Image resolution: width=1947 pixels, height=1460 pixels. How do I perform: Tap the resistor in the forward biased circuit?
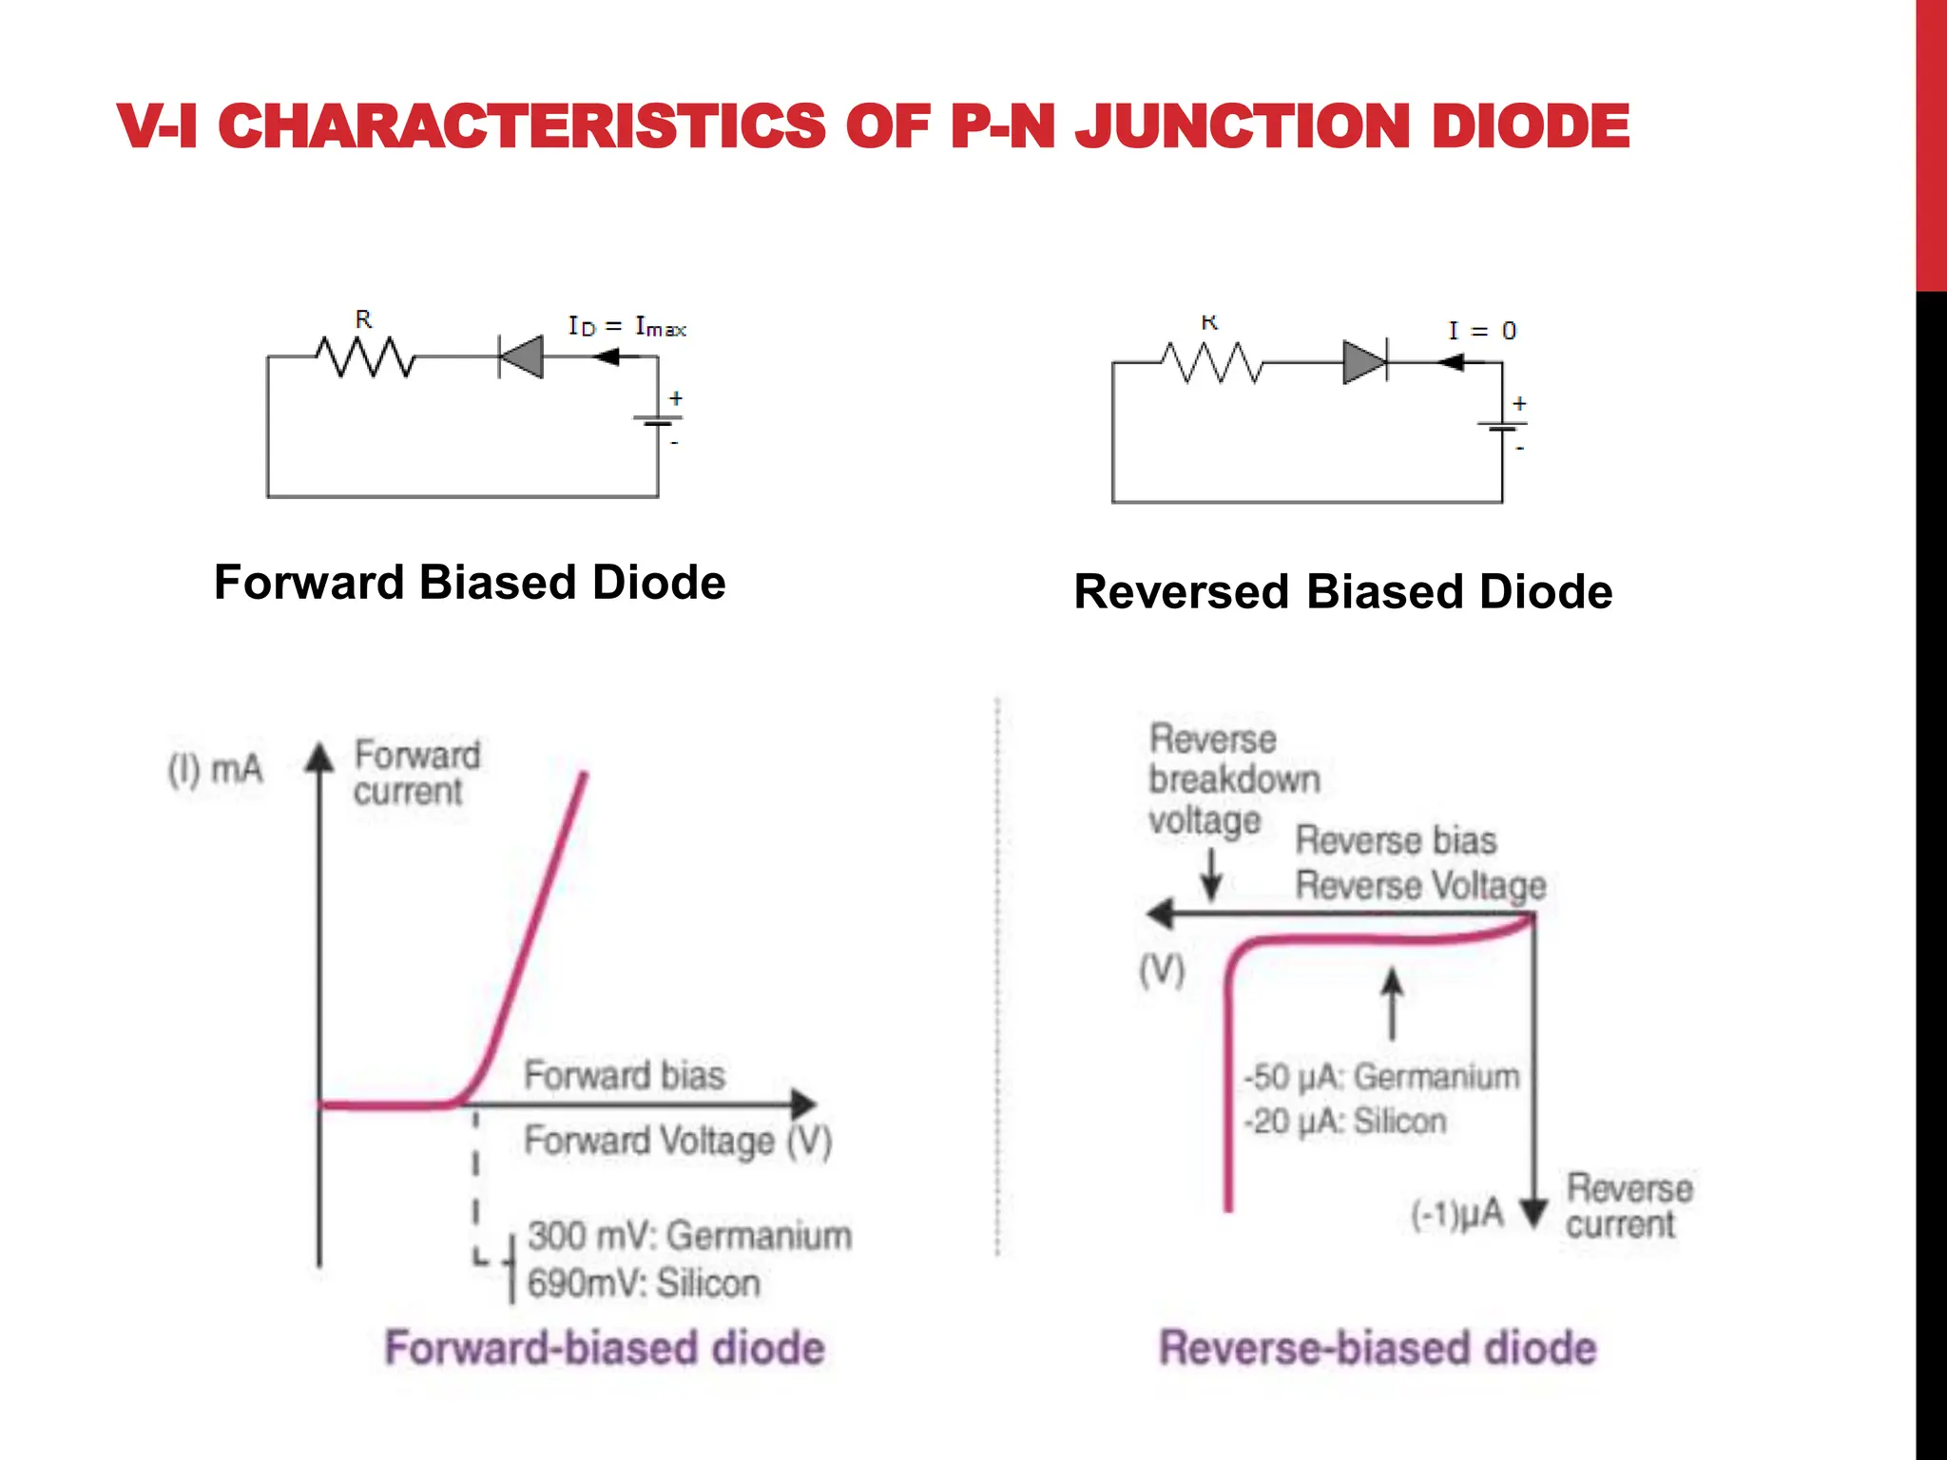point(366,357)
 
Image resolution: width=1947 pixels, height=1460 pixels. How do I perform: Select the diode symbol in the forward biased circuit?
point(522,357)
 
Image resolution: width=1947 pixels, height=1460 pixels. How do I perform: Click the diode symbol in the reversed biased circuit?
point(1365,363)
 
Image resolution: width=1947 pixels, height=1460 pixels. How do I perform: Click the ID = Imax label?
point(627,327)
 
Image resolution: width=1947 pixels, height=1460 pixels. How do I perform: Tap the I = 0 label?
point(1481,331)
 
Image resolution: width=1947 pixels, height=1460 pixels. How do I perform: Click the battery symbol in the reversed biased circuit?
point(1502,425)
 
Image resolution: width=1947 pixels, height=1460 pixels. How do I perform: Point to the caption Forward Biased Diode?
point(470,582)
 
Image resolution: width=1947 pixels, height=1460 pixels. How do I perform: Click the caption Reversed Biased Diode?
point(1342,591)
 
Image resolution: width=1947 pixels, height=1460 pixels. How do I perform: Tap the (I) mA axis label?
point(215,768)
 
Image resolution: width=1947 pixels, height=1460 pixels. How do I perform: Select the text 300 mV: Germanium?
point(689,1236)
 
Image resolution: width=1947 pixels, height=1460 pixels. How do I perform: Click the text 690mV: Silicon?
point(644,1283)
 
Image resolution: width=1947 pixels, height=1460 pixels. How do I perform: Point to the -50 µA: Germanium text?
point(1381,1077)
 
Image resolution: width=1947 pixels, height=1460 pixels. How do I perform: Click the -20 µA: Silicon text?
point(1345,1122)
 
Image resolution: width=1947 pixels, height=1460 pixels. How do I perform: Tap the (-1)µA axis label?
point(1457,1214)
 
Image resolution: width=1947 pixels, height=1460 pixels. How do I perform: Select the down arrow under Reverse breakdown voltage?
point(1211,874)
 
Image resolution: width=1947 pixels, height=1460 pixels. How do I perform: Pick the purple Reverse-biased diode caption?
point(1378,1348)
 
